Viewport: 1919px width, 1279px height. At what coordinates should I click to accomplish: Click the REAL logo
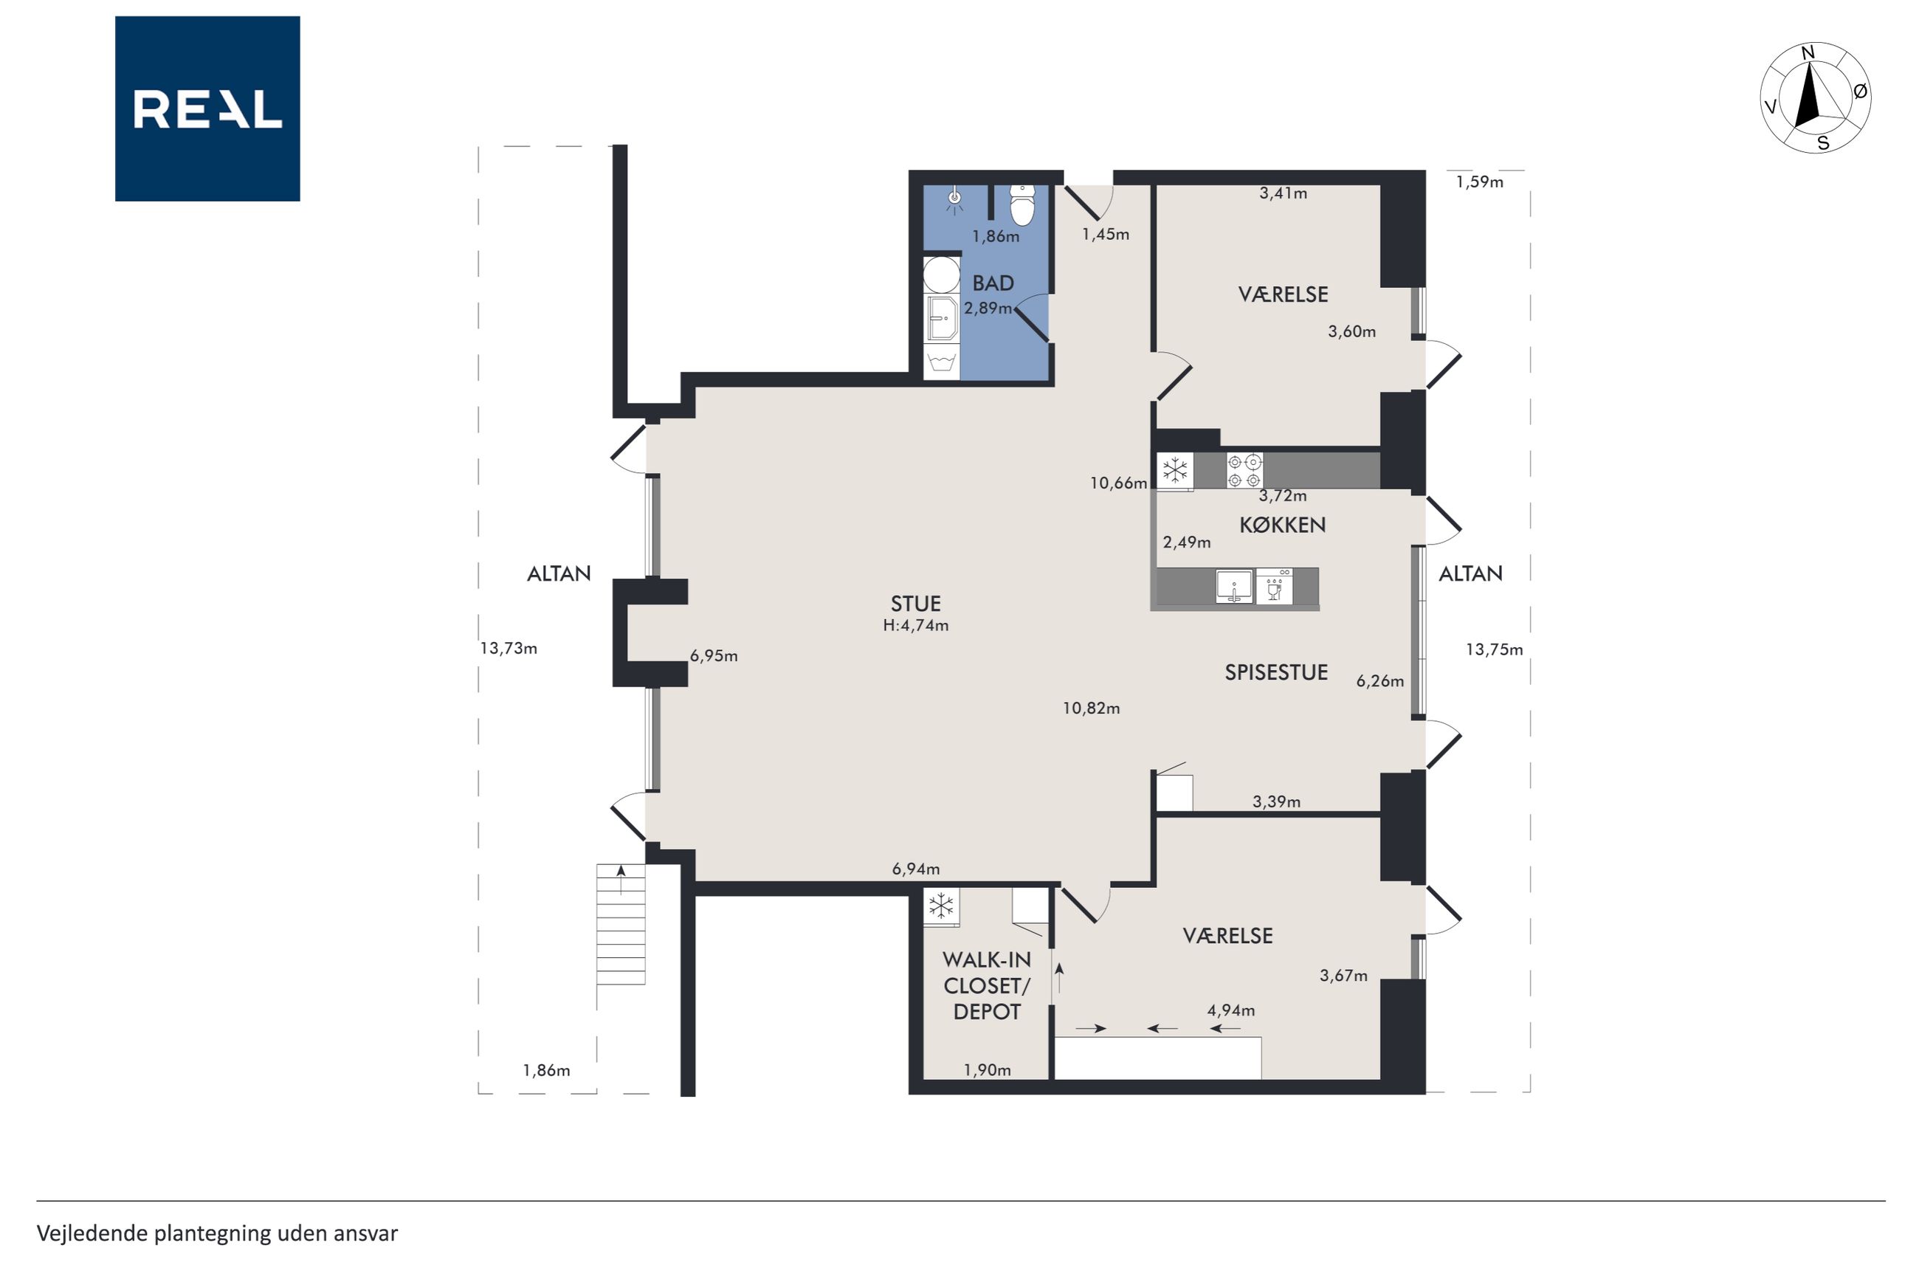(x=207, y=108)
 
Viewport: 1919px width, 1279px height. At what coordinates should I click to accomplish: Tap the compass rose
(x=1815, y=97)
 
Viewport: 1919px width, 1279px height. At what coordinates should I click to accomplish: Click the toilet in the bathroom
(x=1022, y=204)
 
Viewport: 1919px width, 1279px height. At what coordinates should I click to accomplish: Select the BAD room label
(x=993, y=283)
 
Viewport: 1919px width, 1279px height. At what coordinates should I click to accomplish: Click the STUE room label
(x=915, y=604)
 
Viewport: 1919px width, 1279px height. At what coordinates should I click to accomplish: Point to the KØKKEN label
(x=1282, y=525)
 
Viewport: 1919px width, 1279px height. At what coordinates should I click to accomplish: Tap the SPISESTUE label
(x=1276, y=672)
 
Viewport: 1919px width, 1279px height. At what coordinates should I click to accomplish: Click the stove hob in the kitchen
(x=1244, y=471)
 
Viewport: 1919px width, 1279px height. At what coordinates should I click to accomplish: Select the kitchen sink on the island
(x=1235, y=587)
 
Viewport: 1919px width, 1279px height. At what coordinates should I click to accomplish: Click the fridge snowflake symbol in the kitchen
(x=1175, y=471)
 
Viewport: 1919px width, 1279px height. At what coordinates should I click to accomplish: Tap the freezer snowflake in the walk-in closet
(x=941, y=906)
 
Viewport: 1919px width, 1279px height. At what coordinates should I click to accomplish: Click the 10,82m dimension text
(x=1090, y=708)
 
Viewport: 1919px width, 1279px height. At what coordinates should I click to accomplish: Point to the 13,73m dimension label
(x=508, y=649)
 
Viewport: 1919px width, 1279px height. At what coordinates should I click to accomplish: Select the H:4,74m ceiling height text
(x=915, y=626)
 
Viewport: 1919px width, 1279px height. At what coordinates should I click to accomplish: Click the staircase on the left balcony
(x=621, y=925)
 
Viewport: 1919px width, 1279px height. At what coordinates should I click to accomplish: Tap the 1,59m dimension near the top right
(x=1479, y=182)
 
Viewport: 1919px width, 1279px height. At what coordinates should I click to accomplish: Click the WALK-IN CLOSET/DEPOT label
(x=987, y=985)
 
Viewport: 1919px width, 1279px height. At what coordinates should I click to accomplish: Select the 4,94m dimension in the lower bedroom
(x=1230, y=1010)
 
